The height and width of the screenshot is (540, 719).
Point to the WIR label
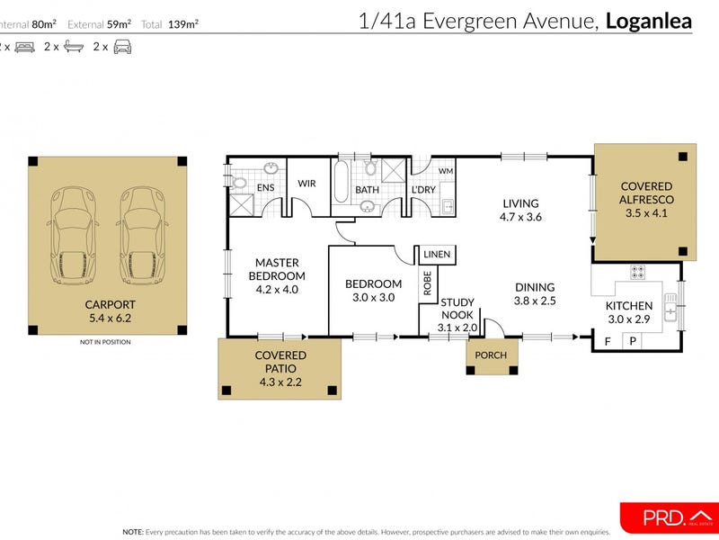tap(307, 184)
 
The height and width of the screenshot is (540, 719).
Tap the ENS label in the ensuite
tap(266, 188)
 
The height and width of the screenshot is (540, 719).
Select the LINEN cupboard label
tap(437, 255)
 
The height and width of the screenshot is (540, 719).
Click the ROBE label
tap(428, 284)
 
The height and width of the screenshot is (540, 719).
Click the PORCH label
tap(492, 355)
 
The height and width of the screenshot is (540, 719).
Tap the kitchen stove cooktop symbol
tap(637, 270)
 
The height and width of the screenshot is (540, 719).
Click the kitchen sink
tap(670, 309)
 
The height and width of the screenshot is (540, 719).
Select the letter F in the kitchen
tap(607, 341)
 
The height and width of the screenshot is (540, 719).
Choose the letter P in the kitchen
tap(633, 341)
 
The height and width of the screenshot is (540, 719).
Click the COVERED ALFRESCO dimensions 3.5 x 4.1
tap(646, 214)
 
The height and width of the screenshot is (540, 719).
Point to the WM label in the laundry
tap(446, 171)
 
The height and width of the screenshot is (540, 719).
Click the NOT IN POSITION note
tap(105, 342)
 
